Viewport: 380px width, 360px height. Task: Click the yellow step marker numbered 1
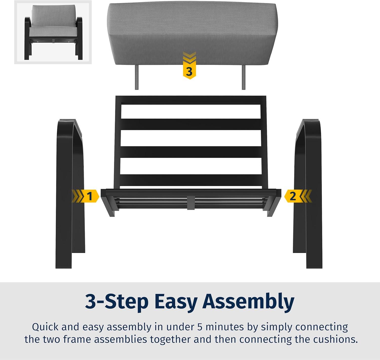point(86,196)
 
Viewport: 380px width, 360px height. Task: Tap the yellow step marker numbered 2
point(298,196)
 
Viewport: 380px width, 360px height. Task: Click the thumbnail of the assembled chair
point(53,32)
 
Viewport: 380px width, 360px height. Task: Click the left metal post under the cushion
point(137,77)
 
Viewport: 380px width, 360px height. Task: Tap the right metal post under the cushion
point(243,77)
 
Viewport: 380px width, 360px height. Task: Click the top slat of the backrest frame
point(191,100)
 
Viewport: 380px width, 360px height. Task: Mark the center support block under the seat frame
point(191,203)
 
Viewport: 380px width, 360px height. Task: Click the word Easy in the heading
point(176,302)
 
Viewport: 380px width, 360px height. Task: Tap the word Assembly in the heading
point(248,302)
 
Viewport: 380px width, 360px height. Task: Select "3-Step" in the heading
point(117,302)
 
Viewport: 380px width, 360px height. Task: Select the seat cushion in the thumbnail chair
point(53,31)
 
